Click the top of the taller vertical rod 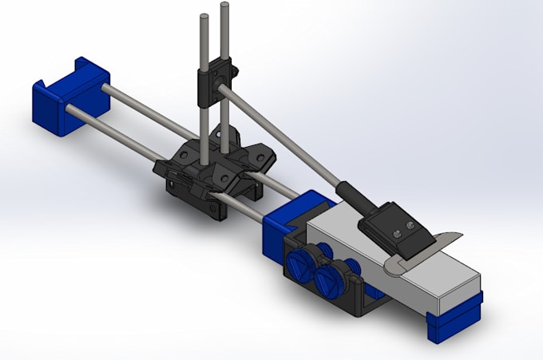click(x=225, y=7)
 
